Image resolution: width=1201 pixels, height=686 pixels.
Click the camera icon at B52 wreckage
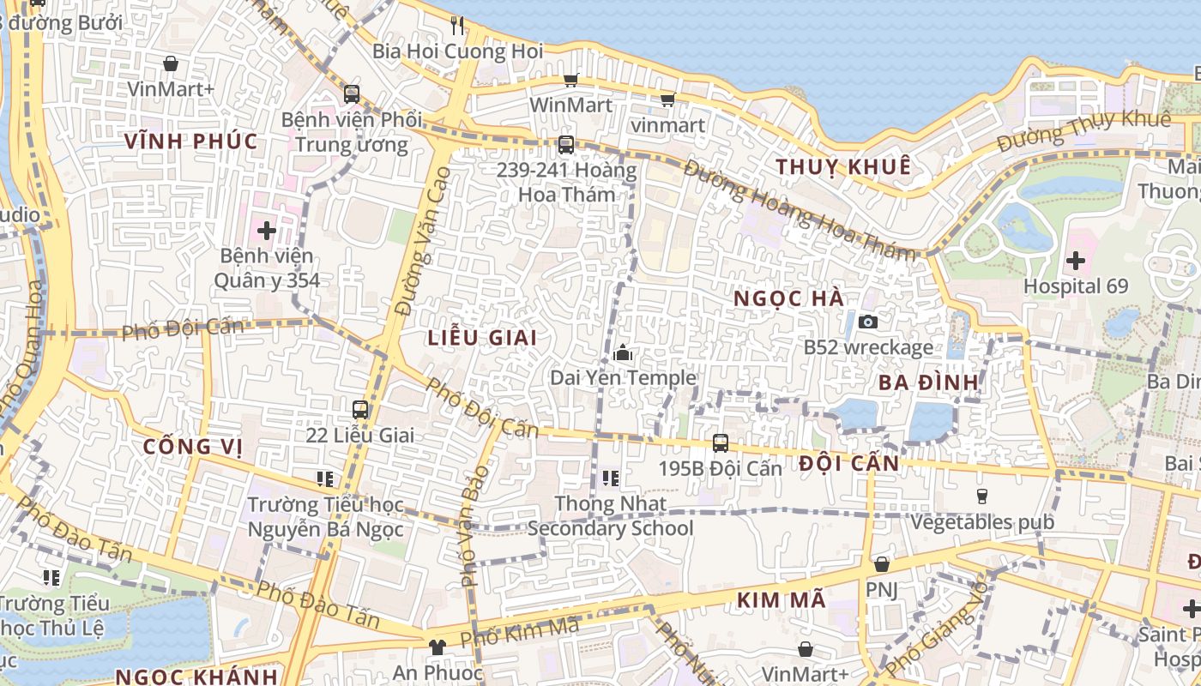pos(868,322)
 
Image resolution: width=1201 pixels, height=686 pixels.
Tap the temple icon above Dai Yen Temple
pos(623,352)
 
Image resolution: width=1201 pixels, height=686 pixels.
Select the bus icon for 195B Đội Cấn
pos(721,443)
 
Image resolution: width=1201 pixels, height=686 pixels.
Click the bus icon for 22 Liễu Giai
pos(360,410)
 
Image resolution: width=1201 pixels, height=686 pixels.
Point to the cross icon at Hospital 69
pos(1076,261)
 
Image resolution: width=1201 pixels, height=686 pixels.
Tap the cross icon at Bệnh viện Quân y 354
pos(267,230)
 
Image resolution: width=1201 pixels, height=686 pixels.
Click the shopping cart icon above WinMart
pos(570,80)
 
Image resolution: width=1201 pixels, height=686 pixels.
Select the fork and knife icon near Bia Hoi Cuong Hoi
pos(457,26)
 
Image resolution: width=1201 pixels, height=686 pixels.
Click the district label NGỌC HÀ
pos(789,298)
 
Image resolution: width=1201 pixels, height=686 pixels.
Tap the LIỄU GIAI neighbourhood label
pos(482,338)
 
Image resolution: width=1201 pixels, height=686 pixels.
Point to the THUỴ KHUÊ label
pos(842,166)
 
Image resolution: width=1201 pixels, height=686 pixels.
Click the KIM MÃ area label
pos(782,599)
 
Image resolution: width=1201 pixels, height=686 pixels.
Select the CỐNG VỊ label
pos(193,446)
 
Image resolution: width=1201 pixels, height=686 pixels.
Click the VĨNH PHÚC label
pos(190,141)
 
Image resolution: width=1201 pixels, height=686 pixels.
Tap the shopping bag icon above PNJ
pos(881,564)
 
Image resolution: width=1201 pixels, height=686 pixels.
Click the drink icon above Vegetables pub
pos(982,496)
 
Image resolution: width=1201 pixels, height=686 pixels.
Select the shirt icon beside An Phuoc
pos(438,647)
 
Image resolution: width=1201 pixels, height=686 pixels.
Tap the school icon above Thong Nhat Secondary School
pos(611,478)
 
